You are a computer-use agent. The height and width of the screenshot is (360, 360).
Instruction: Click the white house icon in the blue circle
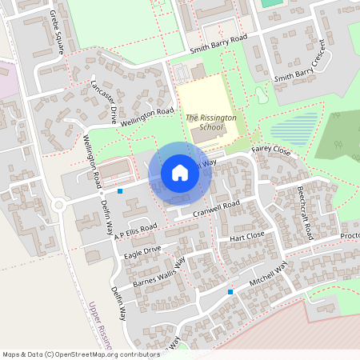pyautogui.click(x=180, y=172)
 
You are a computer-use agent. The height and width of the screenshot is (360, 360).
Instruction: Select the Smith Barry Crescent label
pyautogui.click(x=303, y=64)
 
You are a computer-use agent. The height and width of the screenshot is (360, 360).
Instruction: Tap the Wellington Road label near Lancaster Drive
pyautogui.click(x=146, y=117)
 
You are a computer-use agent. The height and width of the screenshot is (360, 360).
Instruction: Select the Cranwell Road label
pyautogui.click(x=217, y=208)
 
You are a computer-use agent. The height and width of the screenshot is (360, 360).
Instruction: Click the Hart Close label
pyautogui.click(x=246, y=238)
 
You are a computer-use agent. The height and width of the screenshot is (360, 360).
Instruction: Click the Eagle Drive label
pyautogui.click(x=142, y=252)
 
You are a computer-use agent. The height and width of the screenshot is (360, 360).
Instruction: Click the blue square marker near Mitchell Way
pyautogui.click(x=230, y=292)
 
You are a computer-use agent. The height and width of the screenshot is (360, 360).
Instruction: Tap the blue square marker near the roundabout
pyautogui.click(x=120, y=191)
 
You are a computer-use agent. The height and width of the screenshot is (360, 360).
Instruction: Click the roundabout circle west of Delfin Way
pyautogui.click(x=58, y=205)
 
